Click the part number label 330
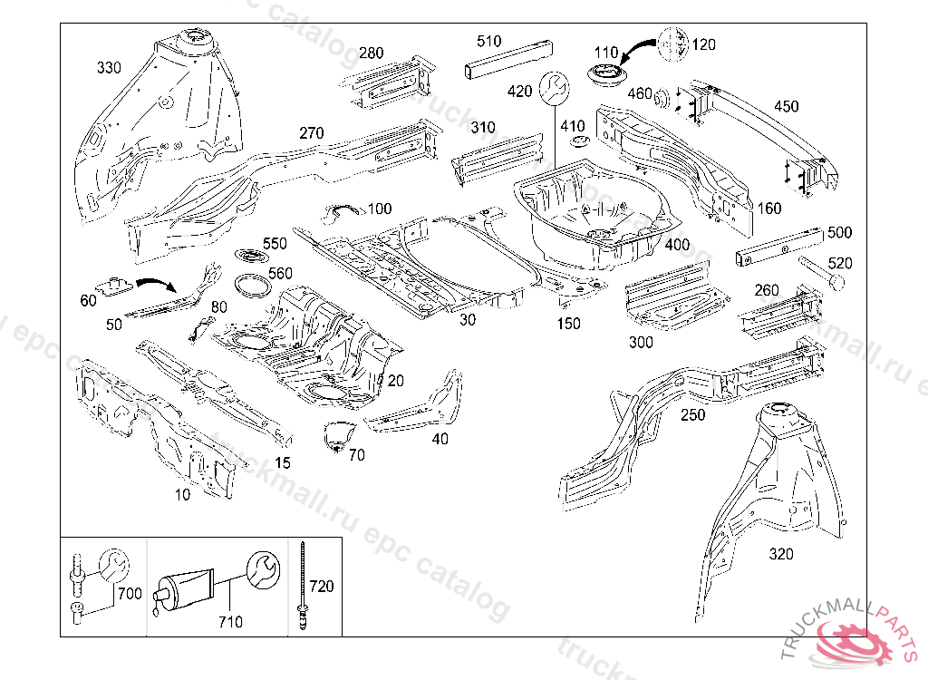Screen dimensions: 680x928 109,67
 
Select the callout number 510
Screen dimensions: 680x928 488,41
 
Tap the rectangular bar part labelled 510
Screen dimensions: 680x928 507,62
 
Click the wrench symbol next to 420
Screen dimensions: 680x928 554,89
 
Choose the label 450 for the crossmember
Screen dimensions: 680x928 786,106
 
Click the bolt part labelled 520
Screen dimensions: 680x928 820,273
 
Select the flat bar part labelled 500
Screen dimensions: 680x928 778,246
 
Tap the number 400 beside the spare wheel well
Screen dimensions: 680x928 676,245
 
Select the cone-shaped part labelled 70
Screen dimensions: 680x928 336,434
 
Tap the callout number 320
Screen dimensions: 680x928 780,554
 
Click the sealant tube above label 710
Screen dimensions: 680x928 186,588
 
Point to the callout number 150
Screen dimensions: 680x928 569,324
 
